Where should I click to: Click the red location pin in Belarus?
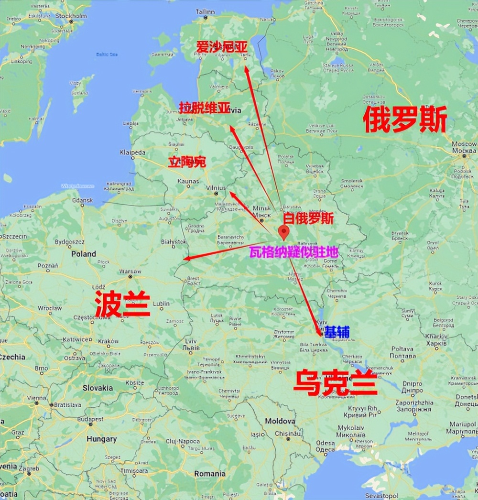coord(284,232)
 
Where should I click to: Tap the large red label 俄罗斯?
coord(405,120)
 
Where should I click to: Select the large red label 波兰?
coord(122,304)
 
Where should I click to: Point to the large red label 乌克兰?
coord(335,382)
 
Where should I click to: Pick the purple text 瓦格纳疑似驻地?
coord(293,252)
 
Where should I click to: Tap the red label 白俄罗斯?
coord(308,218)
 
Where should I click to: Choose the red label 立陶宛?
coord(186,162)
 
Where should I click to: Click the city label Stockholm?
coord(72,16)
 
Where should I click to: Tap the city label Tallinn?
coord(205,11)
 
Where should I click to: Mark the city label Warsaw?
coord(129,271)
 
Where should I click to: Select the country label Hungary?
coord(101,438)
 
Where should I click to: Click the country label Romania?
coord(209,474)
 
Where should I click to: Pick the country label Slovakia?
coord(98,388)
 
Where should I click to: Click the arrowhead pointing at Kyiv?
coord(320,332)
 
